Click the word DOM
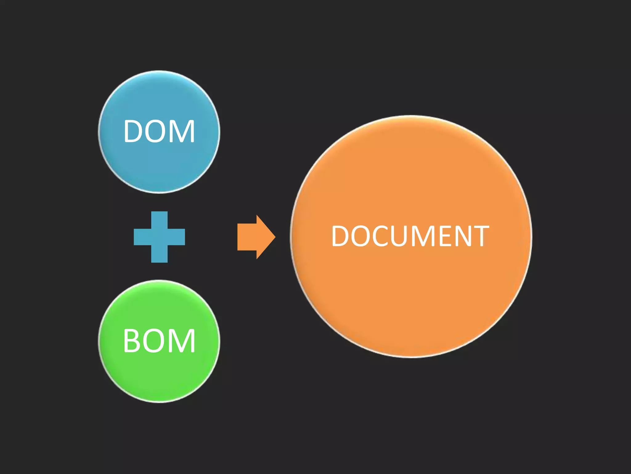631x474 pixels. (x=159, y=131)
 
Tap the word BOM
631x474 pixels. (x=159, y=341)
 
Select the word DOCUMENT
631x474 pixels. (x=410, y=236)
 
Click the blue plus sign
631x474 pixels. (x=159, y=237)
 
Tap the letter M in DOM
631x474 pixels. (x=182, y=131)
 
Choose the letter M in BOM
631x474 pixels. (x=182, y=341)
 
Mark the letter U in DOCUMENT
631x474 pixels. (x=399, y=236)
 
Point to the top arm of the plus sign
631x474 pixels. (x=159, y=220)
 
